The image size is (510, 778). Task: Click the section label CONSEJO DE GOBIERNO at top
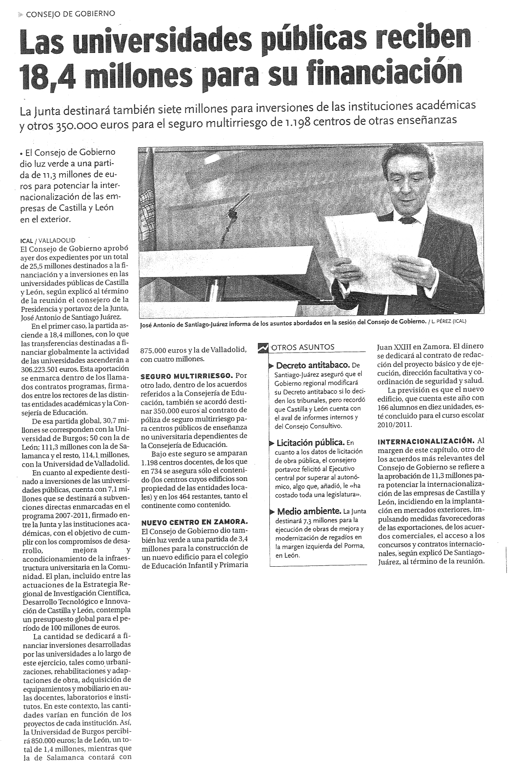[x=70, y=14]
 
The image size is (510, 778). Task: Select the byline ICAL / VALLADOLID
[x=48, y=240]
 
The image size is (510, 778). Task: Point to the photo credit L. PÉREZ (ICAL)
[x=448, y=322]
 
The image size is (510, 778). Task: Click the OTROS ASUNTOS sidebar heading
[x=303, y=347]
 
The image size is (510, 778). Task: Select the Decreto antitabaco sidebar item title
[x=312, y=365]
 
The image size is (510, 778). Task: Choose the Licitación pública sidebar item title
[x=310, y=442]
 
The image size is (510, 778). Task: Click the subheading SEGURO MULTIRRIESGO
[x=186, y=376]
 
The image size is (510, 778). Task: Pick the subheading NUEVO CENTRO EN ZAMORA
[x=194, y=522]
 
